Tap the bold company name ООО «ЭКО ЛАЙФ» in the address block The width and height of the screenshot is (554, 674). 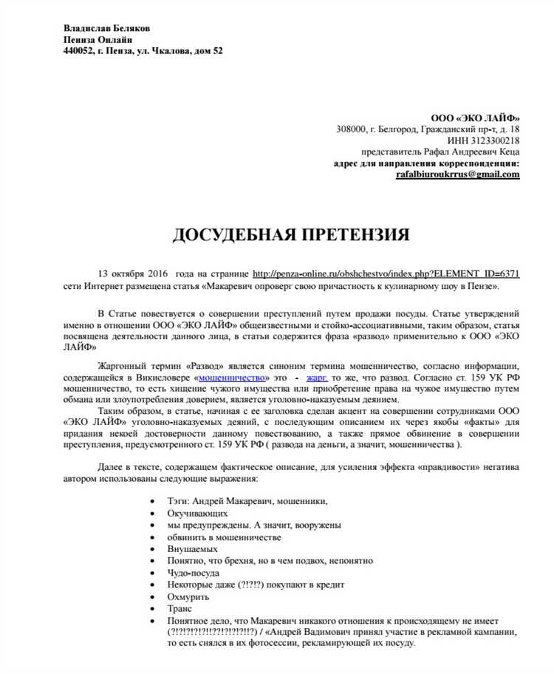coord(475,118)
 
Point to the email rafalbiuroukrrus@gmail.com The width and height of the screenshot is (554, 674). coord(457,174)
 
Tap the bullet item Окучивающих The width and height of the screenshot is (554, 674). coord(197,513)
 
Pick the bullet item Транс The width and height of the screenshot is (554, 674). coord(179,608)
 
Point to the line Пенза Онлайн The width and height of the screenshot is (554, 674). coord(98,39)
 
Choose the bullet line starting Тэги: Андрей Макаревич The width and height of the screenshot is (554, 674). coord(247,501)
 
